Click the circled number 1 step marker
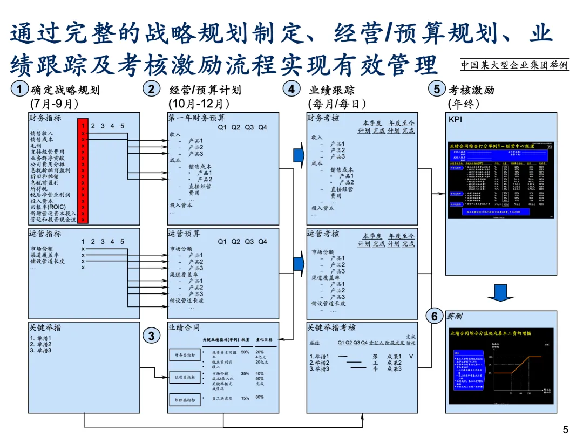[20, 90]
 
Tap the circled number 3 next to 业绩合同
[152, 336]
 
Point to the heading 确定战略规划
[66, 90]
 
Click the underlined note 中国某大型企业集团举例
[514, 65]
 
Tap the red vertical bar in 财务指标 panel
[83, 170]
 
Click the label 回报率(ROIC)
[48, 207]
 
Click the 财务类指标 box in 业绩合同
[184, 355]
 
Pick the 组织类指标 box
[184, 400]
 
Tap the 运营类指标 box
[184, 378]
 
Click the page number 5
[565, 429]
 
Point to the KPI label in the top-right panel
[455, 119]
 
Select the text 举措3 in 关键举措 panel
[41, 351]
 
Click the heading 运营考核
[323, 234]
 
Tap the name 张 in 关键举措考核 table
[375, 356]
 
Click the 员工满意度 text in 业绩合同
[222, 398]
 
